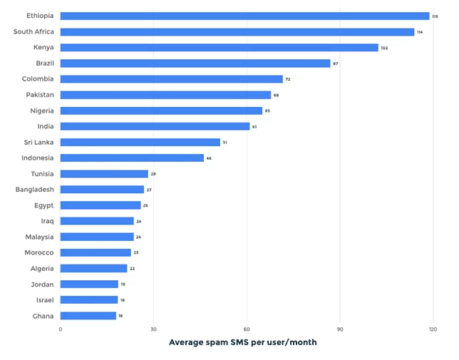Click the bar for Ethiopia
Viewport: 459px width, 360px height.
click(244, 16)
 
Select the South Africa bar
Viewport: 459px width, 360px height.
click(237, 31)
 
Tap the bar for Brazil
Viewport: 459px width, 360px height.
click(195, 63)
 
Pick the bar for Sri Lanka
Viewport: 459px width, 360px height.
click(140, 142)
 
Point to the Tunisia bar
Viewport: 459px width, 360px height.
click(104, 174)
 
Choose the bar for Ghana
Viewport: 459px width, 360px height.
click(88, 316)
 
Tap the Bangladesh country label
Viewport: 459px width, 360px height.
click(35, 190)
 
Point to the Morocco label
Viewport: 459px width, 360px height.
click(38, 252)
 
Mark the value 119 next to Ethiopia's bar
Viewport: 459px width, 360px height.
click(435, 16)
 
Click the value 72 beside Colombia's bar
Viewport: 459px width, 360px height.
click(287, 79)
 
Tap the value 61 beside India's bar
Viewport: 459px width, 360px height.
click(254, 127)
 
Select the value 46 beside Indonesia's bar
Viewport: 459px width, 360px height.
click(208, 158)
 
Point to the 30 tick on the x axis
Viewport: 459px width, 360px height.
click(153, 329)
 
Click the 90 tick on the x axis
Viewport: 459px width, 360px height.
click(340, 329)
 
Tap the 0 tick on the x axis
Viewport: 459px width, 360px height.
click(61, 329)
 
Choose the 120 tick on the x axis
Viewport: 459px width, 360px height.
click(433, 329)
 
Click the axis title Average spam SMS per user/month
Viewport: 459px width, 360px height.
click(242, 343)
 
